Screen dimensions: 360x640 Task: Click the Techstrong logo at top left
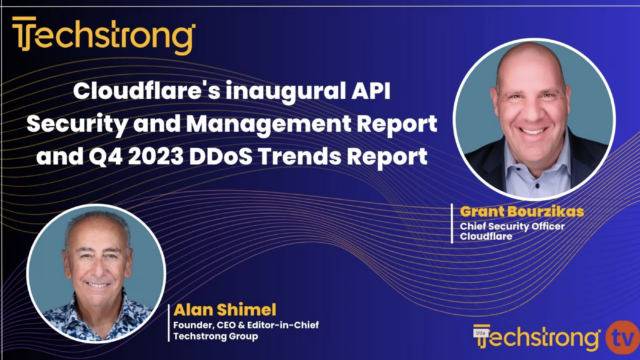click(103, 37)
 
